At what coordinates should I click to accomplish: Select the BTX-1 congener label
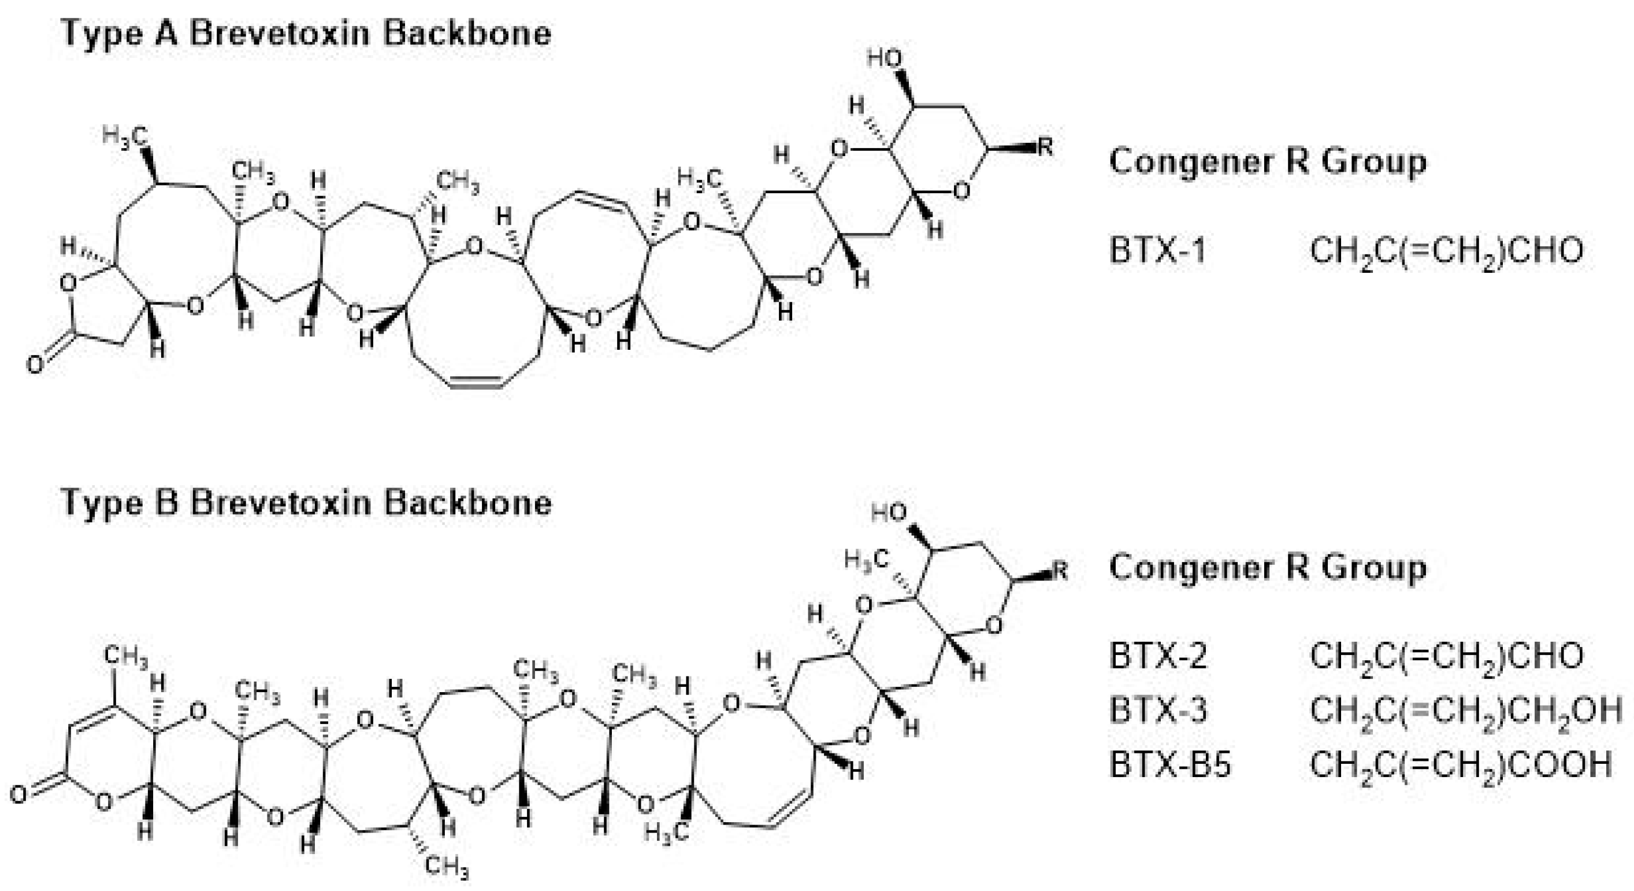tap(1158, 251)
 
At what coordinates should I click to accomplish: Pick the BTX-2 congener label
tap(1158, 656)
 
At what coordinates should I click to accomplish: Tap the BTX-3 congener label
tap(1158, 710)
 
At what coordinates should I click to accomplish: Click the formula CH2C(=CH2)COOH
tap(1460, 764)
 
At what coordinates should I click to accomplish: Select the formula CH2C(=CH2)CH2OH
tap(1465, 710)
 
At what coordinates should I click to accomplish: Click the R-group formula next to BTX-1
tap(1446, 252)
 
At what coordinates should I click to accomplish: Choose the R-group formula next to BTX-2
tap(1446, 656)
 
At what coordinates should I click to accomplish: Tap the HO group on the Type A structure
tap(885, 59)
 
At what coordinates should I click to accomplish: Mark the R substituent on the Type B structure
tap(1060, 571)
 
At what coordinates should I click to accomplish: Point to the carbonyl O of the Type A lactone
tap(34, 365)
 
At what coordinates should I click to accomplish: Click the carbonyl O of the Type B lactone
tap(19, 794)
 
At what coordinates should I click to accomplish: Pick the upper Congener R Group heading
tap(1267, 162)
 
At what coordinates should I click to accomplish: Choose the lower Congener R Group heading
tap(1267, 567)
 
